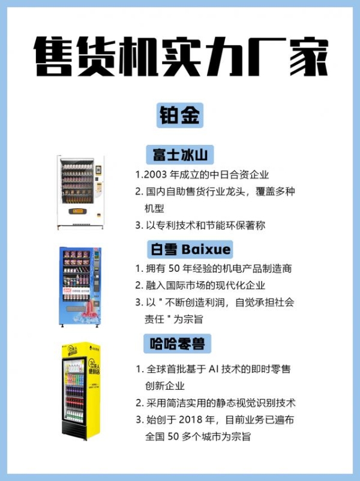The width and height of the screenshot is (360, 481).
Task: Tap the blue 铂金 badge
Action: tap(180, 115)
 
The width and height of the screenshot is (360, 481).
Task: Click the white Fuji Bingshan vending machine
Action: tap(81, 192)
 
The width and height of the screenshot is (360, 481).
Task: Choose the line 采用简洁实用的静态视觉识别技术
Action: tap(220, 403)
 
